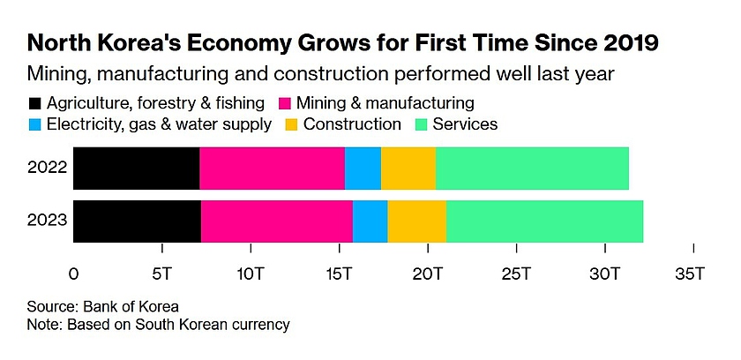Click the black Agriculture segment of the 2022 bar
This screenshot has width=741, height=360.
tap(136, 169)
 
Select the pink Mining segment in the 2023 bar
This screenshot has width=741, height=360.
tap(276, 221)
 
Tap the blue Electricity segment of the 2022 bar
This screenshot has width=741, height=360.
tap(363, 169)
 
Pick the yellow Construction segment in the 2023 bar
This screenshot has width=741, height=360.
tap(416, 221)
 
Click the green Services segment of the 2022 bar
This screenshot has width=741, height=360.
tap(532, 169)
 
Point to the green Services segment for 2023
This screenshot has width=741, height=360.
tap(544, 221)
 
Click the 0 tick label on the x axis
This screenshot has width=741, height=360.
tap(73, 274)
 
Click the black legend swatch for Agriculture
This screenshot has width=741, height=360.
tap(35, 103)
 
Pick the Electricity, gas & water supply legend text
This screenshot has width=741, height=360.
tap(160, 124)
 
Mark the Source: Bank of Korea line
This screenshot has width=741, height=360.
tap(104, 307)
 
